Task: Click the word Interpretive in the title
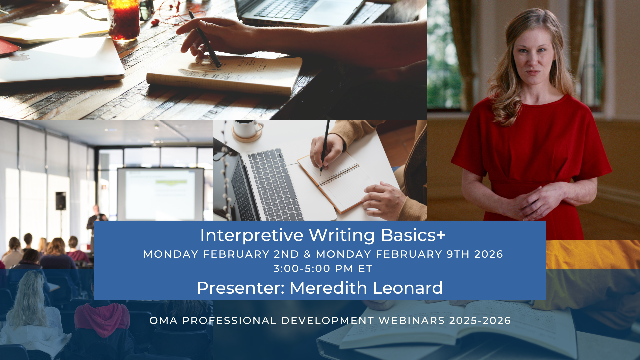[x=252, y=235]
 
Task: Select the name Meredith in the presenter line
[x=328, y=288]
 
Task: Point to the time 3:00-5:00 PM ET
[x=323, y=268]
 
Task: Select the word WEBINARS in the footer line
[x=412, y=321]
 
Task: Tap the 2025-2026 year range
[x=480, y=321]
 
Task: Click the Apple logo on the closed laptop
[x=19, y=57]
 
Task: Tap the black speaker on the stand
[x=60, y=201]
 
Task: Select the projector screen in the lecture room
[x=160, y=194]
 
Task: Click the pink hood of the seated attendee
[x=102, y=318]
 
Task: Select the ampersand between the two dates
[x=307, y=254]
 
